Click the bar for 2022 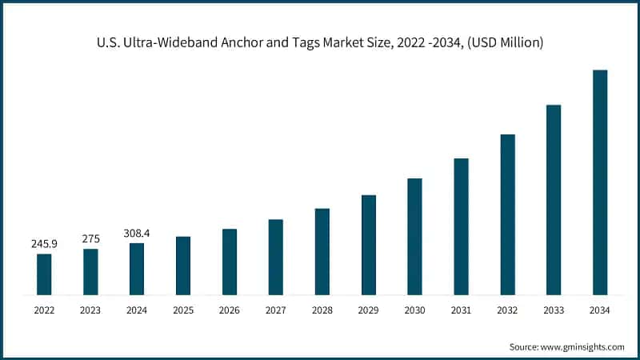pos(44,274)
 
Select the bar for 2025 pos(183,266)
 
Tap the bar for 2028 pos(322,251)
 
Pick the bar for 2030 pos(414,237)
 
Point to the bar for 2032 pos(507,214)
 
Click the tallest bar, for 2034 pos(600,182)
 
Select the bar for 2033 pos(554,200)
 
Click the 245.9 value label pos(44,243)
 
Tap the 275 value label pos(90,238)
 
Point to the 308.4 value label pos(137,233)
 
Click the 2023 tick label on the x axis pos(90,310)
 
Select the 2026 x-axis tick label pos(230,310)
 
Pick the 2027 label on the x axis pos(276,310)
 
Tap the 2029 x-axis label pos(368,310)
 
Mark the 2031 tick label pos(461,310)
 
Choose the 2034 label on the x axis pos(600,310)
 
